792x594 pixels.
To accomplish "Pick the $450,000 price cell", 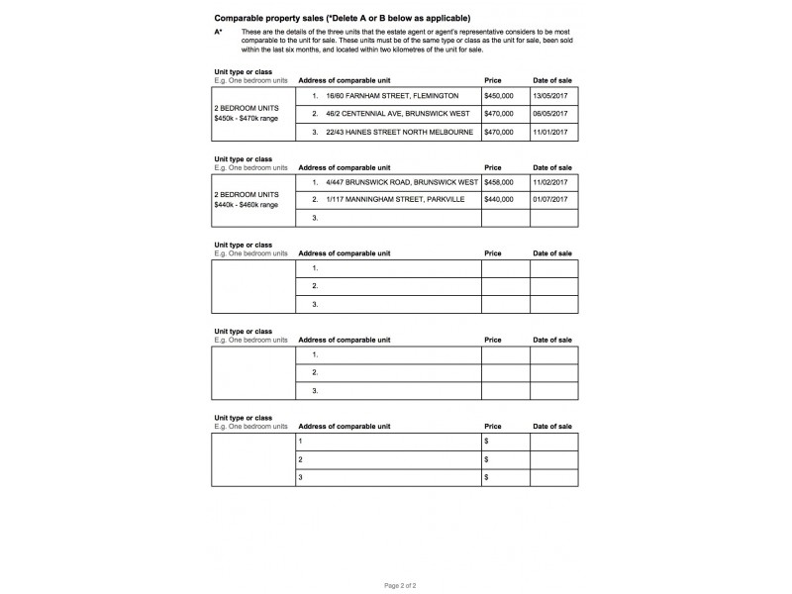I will pyautogui.click(x=499, y=96).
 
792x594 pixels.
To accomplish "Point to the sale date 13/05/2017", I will pyautogui.click(x=550, y=96).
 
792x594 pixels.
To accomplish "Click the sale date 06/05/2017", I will pyautogui.click(x=550, y=114).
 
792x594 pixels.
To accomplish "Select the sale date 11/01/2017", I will pyautogui.click(x=550, y=132).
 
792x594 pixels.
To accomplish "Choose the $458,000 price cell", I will pyautogui.click(x=499, y=183).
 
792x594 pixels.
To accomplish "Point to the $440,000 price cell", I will pyautogui.click(x=499, y=200).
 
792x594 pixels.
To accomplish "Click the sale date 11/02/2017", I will pyautogui.click(x=550, y=183).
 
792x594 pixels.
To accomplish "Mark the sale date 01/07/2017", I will pyautogui.click(x=550, y=200).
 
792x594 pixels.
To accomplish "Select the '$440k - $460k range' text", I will pyautogui.click(x=247, y=204).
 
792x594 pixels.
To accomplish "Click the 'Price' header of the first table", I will pyautogui.click(x=493, y=80).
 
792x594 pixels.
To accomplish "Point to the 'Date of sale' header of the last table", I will pyautogui.click(x=552, y=426).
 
